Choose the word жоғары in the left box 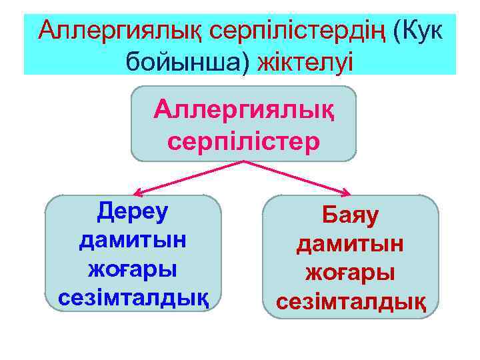(133, 269)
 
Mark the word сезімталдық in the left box (133, 297)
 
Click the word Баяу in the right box (351, 215)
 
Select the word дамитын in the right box (351, 244)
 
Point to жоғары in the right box (351, 273)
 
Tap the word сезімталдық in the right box (351, 302)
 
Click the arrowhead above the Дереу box (136, 192)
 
